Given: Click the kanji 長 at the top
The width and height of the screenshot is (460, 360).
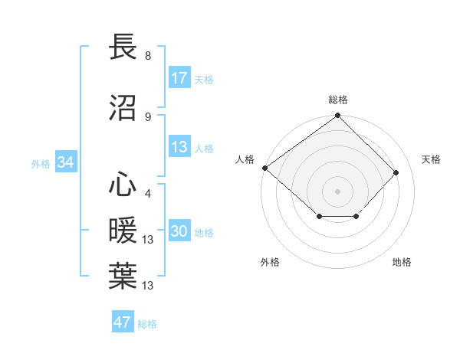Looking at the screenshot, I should click(x=123, y=47).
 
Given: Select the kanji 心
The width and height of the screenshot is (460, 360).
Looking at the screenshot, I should click(x=123, y=185).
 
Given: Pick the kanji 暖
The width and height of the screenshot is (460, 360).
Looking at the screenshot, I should click(x=123, y=231).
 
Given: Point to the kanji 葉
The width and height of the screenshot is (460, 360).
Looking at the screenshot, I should click(x=123, y=277).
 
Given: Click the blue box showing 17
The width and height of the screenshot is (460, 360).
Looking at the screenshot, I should click(x=179, y=78).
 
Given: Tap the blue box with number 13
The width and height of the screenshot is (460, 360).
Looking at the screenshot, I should click(x=179, y=148).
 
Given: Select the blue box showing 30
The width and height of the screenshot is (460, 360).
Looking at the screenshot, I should click(x=179, y=232).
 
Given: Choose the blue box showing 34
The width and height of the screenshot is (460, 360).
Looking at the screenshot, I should click(x=65, y=162).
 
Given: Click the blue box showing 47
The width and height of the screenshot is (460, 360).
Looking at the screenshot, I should click(x=123, y=322).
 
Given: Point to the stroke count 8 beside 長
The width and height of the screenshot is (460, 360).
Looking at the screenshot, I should click(x=148, y=56).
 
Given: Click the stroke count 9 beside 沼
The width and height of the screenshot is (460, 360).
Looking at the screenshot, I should click(x=148, y=116).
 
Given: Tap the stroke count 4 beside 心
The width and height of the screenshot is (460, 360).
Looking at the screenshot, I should click(x=148, y=194).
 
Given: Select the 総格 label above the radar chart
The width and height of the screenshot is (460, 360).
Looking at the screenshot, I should click(x=338, y=100).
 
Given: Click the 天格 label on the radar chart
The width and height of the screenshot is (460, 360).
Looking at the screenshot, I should click(x=432, y=159).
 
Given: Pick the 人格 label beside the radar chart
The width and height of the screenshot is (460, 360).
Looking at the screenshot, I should click(x=245, y=159).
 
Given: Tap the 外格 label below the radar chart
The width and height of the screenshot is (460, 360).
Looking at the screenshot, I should click(x=270, y=262).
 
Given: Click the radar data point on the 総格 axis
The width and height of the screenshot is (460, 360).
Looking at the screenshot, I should click(x=338, y=116).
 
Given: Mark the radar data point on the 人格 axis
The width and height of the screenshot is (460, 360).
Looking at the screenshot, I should click(x=264, y=168).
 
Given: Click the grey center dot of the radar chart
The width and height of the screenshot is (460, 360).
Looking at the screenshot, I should click(x=338, y=191).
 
